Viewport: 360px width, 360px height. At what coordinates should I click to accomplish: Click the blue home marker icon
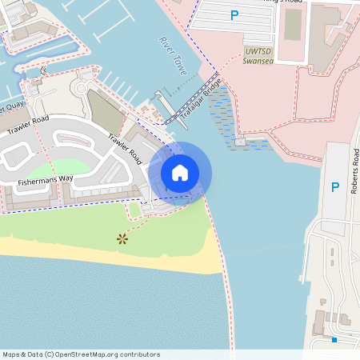180,173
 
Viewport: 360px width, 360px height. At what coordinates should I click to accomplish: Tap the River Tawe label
173,55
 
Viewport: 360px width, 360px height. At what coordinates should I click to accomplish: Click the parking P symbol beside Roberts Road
335,187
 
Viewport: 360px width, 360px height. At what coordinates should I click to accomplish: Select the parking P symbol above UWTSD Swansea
234,15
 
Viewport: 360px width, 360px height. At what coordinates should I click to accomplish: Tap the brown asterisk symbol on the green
122,238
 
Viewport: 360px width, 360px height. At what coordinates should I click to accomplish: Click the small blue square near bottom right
334,340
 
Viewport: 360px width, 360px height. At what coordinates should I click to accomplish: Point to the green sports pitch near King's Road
293,24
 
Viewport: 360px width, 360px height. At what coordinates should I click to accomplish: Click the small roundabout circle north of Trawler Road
82,88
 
